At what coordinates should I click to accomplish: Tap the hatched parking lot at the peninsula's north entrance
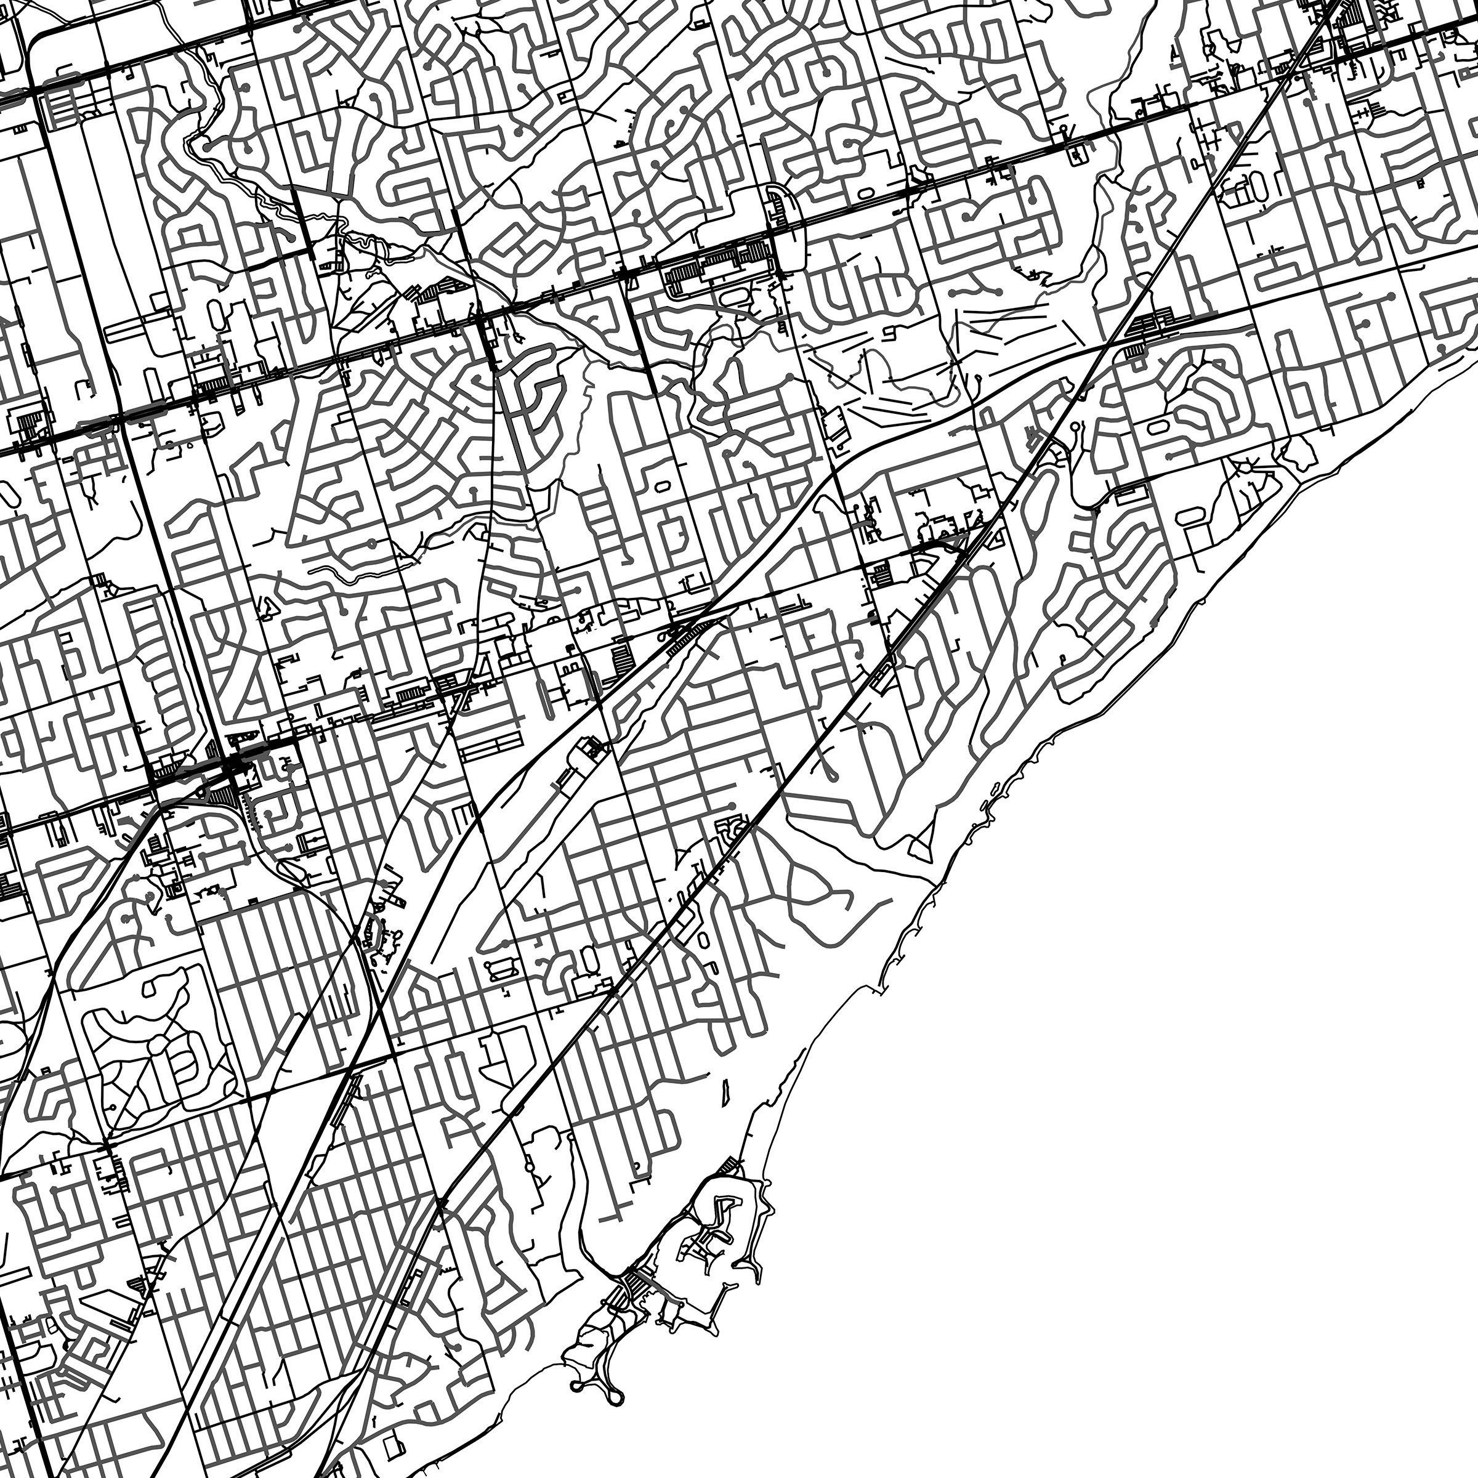pyautogui.click(x=730, y=1166)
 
